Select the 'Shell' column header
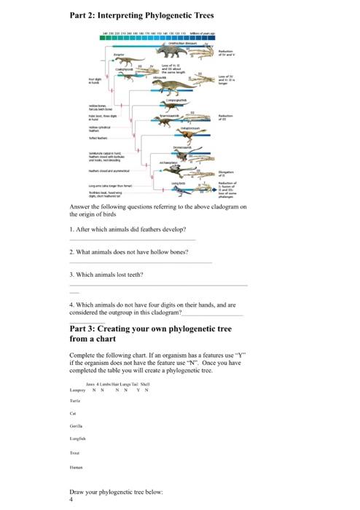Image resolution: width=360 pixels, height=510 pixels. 144,383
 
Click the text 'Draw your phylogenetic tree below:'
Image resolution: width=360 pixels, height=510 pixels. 115,493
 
